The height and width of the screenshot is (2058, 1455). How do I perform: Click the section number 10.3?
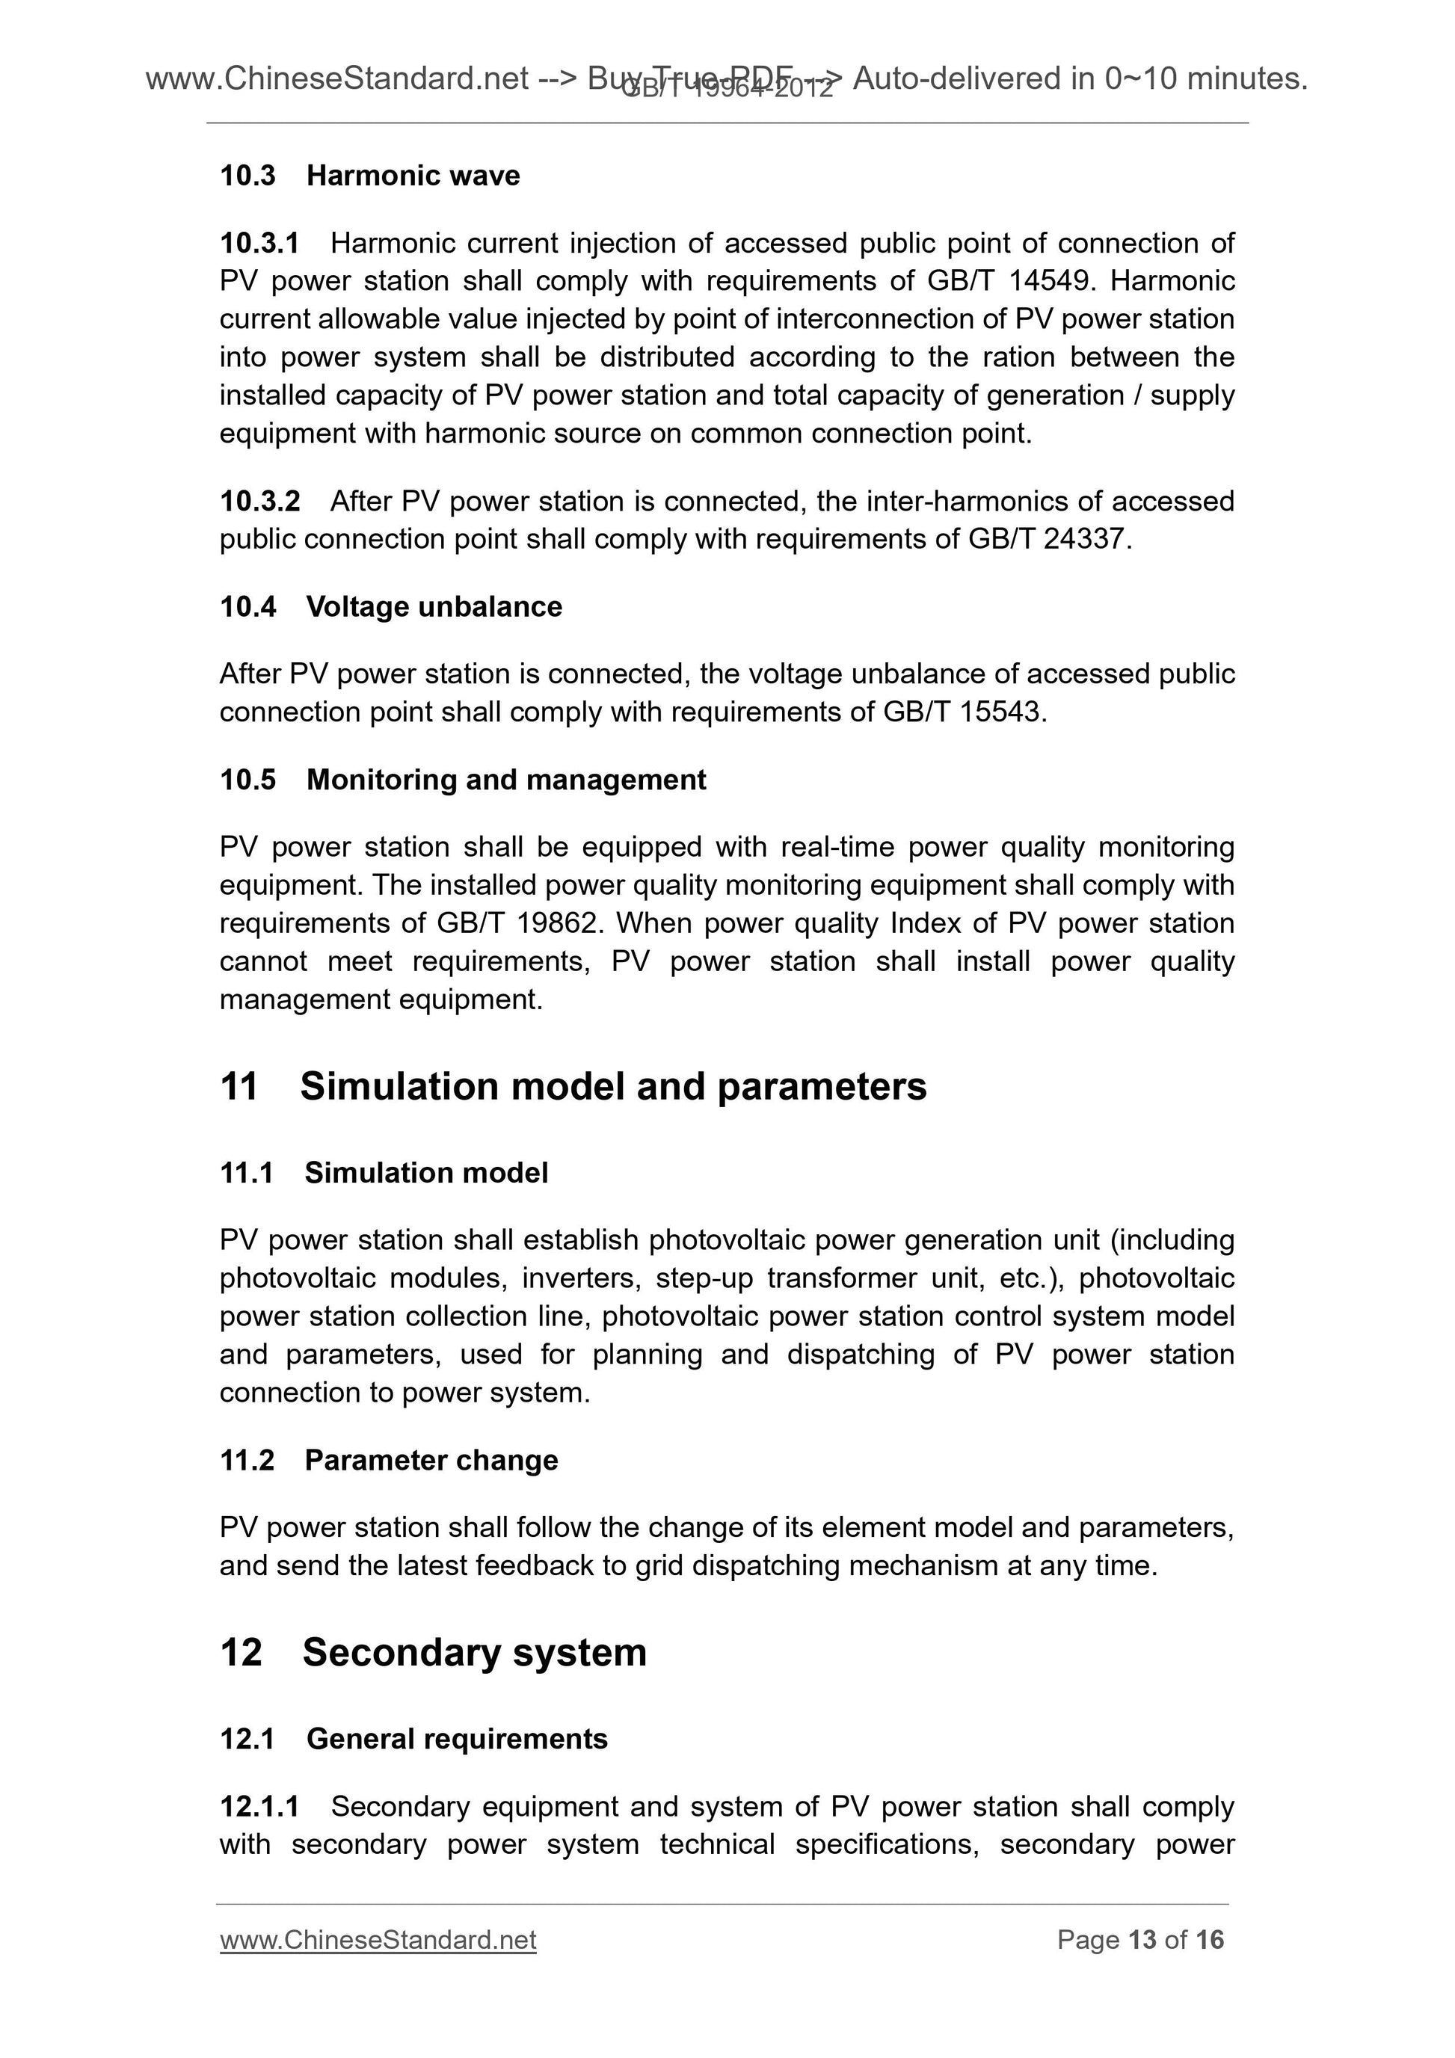pos(247,176)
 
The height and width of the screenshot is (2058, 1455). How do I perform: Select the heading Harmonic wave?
pos(413,176)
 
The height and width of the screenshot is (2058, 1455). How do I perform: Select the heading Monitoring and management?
pos(505,780)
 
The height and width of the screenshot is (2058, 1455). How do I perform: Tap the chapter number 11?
pos(239,1086)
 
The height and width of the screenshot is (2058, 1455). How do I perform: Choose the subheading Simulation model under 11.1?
pos(426,1172)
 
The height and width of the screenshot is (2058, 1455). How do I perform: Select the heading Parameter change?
pos(431,1460)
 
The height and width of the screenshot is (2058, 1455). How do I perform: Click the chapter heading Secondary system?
pos(474,1652)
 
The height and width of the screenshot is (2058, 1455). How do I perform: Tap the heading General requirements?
pos(456,1739)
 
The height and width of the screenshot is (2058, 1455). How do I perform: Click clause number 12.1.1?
pos(259,1806)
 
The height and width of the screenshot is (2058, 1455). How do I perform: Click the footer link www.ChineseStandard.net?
pos(378,1940)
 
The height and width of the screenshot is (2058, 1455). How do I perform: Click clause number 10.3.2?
pos(259,501)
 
